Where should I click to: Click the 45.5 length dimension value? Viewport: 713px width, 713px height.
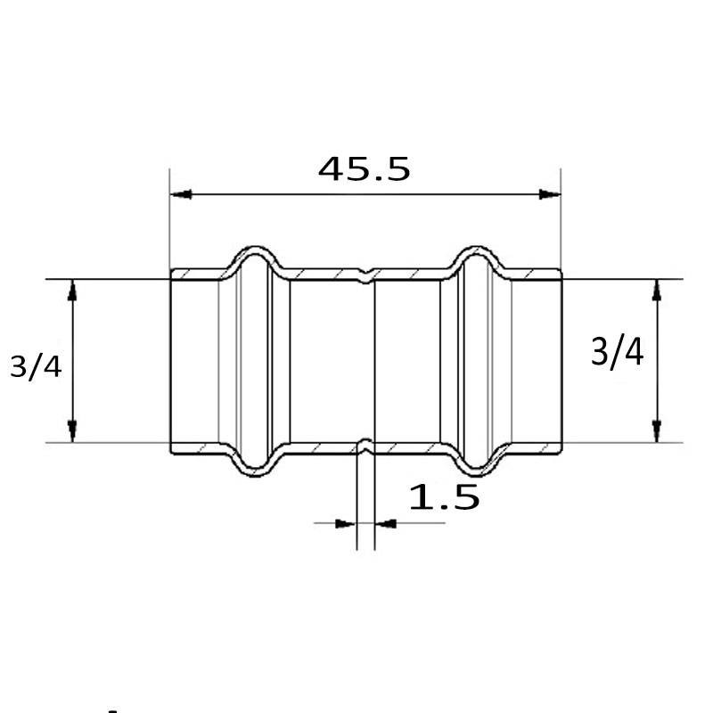[x=364, y=168]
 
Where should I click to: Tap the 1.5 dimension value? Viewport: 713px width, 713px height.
[x=444, y=496]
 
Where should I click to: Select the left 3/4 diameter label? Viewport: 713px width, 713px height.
[x=36, y=367]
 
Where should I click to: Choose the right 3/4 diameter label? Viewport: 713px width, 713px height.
[x=617, y=351]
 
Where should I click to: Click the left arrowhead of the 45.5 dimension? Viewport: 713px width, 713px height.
[x=181, y=194]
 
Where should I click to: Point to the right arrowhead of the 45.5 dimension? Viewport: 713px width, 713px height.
[x=550, y=194]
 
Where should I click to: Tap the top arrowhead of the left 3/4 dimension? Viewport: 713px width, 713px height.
[x=72, y=291]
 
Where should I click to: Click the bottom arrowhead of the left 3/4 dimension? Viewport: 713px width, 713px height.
[x=72, y=431]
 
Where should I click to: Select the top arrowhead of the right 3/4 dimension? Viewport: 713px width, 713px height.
[x=657, y=291]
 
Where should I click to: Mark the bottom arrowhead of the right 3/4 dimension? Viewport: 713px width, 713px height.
[x=657, y=431]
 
